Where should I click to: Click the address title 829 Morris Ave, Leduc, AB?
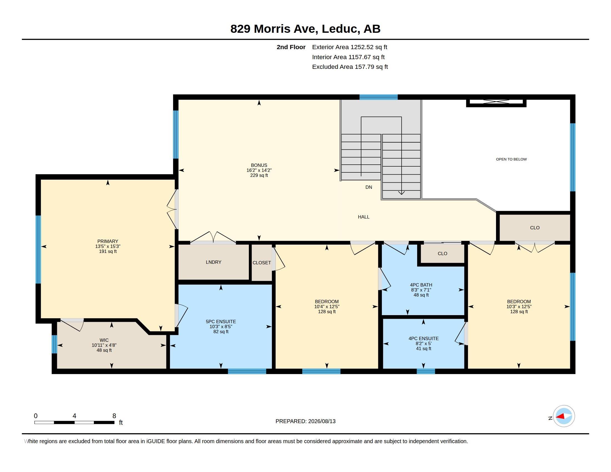[x=305, y=29]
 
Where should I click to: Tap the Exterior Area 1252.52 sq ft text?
[x=349, y=47]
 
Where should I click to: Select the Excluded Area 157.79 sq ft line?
[x=350, y=67]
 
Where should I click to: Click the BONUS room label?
[x=259, y=165]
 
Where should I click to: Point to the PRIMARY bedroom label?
[x=108, y=241]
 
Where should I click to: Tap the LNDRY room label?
[x=214, y=262]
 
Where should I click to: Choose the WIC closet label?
[x=104, y=340]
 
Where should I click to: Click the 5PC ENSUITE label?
[x=221, y=322]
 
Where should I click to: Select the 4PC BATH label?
[x=421, y=285]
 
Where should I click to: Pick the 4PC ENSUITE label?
[x=423, y=338]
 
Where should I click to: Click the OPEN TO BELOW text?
[x=511, y=159]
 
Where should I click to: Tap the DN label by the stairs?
[x=369, y=187]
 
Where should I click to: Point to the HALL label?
[x=364, y=217]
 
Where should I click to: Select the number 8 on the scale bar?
[x=114, y=416]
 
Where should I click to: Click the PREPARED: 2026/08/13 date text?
[x=305, y=421]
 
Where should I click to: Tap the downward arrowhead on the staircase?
[x=402, y=193]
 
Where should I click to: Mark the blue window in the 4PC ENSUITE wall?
[x=425, y=371]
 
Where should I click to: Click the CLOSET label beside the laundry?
[x=262, y=263]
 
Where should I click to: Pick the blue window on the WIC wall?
[x=54, y=344]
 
